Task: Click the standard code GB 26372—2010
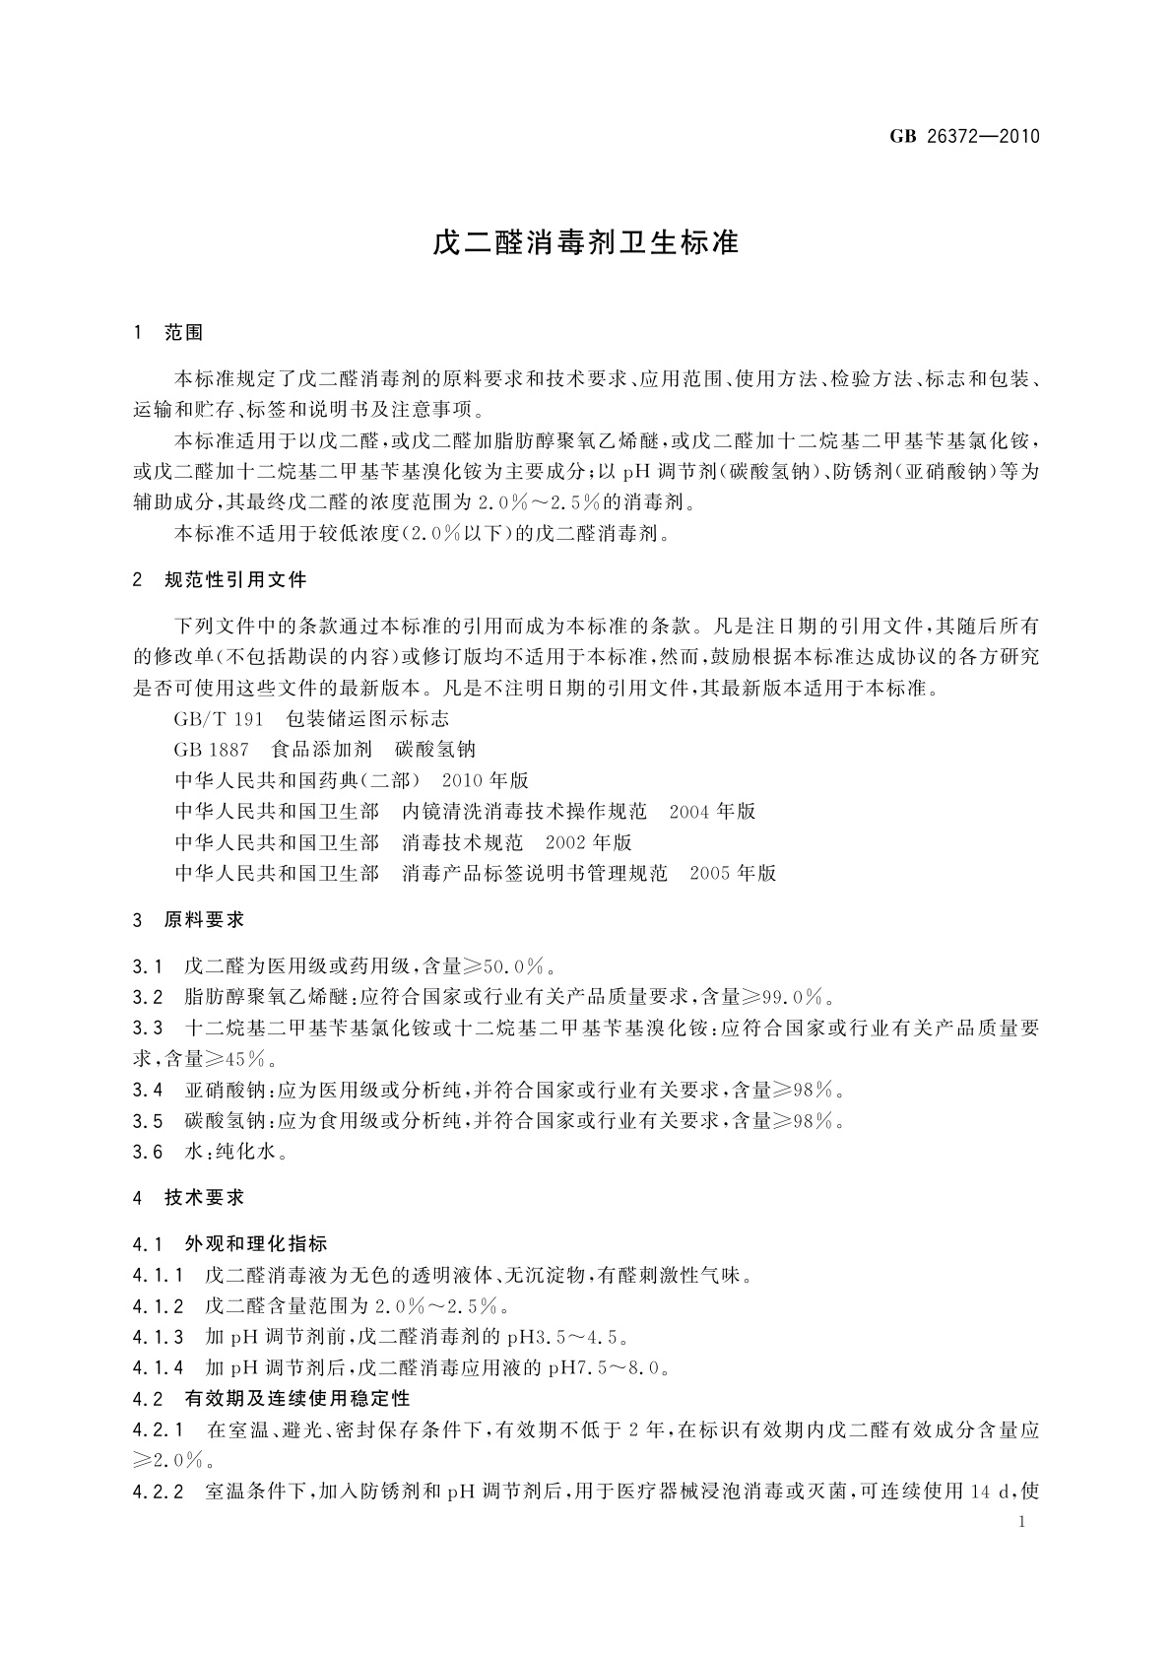point(964,136)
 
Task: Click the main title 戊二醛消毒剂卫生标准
point(586,242)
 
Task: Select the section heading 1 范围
point(168,333)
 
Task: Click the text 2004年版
point(712,812)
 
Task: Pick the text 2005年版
point(733,873)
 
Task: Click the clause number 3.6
point(148,1152)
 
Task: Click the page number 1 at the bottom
point(1022,1523)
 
